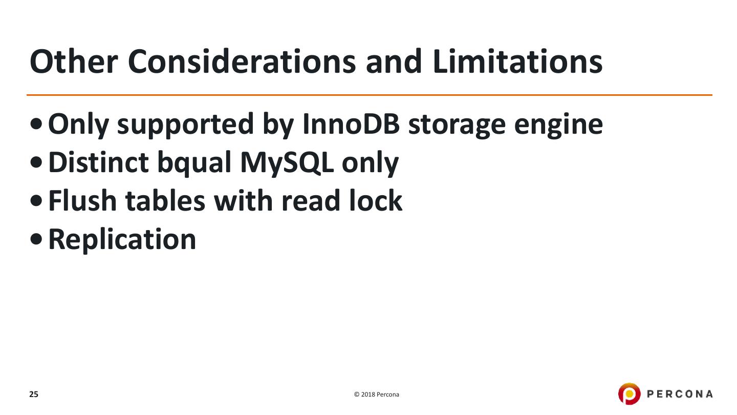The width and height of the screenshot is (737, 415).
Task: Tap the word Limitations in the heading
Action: click(517, 61)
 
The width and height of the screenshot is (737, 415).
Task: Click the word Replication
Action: click(122, 240)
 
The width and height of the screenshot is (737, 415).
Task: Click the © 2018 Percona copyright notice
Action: click(377, 395)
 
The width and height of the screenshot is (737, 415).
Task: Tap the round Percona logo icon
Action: click(629, 394)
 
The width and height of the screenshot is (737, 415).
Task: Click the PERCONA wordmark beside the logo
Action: click(680, 394)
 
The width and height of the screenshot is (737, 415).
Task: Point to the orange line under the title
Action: click(368, 95)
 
